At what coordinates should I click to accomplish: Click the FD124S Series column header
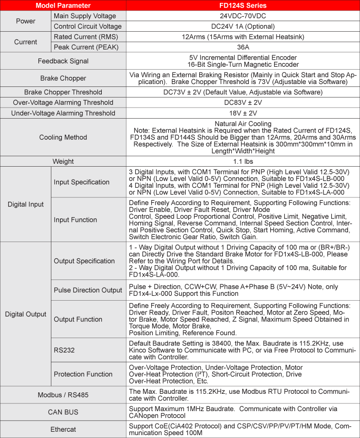tap(242, 6)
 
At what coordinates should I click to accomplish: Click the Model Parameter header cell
tap(63, 6)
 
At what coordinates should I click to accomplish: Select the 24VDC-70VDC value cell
tap(242, 16)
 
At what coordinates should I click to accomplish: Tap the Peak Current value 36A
tap(242, 47)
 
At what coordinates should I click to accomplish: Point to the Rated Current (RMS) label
tap(86, 36)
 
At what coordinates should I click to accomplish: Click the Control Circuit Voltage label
tap(88, 26)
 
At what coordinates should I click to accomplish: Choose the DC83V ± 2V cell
tap(242, 102)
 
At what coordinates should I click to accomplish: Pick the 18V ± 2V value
tap(242, 113)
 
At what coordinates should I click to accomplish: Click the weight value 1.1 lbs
tap(242, 161)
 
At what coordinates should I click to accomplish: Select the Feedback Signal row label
tap(63, 61)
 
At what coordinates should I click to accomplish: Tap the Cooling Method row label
tap(63, 137)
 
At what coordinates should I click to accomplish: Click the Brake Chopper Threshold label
tap(63, 92)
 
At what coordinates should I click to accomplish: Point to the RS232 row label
tap(64, 350)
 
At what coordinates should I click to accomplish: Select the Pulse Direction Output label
tap(88, 290)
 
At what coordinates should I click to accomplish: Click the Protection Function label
tap(83, 374)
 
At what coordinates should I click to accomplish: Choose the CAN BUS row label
tap(63, 412)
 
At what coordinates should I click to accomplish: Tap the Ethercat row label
tap(63, 429)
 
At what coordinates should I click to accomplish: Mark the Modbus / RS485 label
tap(63, 395)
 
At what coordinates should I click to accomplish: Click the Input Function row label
tap(75, 219)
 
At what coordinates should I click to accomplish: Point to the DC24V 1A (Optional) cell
tap(242, 26)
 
